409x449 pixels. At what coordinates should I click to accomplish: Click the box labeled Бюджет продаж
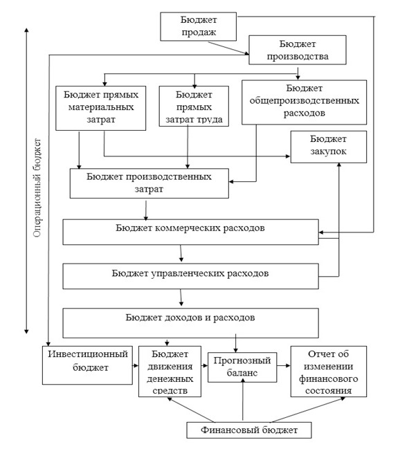(x=198, y=26)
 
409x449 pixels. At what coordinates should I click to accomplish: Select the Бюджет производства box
(x=298, y=50)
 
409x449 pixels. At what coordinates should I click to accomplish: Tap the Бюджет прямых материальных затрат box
(x=100, y=108)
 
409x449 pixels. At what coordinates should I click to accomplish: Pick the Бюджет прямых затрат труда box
(x=194, y=107)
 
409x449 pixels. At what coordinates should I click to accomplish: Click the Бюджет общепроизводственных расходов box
(x=305, y=102)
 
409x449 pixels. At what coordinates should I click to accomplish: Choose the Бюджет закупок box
(x=329, y=147)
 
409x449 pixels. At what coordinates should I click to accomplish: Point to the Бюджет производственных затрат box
(x=149, y=183)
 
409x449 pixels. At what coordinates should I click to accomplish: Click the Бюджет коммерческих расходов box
(x=190, y=232)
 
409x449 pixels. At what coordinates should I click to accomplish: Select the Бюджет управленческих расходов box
(x=190, y=276)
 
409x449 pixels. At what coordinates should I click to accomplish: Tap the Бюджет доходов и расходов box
(x=190, y=323)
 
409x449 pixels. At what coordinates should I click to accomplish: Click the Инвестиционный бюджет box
(x=87, y=365)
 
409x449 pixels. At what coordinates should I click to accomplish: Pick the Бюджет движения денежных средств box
(x=170, y=372)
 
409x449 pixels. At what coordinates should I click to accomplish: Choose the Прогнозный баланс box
(x=242, y=367)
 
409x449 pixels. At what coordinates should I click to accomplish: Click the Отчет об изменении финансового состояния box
(x=329, y=372)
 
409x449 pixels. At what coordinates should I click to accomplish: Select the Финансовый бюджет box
(x=249, y=430)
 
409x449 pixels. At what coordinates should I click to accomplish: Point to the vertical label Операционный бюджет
(x=37, y=188)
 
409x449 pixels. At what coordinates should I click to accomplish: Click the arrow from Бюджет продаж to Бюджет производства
(x=228, y=48)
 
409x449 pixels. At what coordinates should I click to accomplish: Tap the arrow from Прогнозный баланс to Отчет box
(x=284, y=365)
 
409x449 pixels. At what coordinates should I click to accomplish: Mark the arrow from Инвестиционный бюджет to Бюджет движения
(x=136, y=365)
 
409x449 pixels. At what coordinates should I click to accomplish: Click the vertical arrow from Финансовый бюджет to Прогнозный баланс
(x=243, y=399)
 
